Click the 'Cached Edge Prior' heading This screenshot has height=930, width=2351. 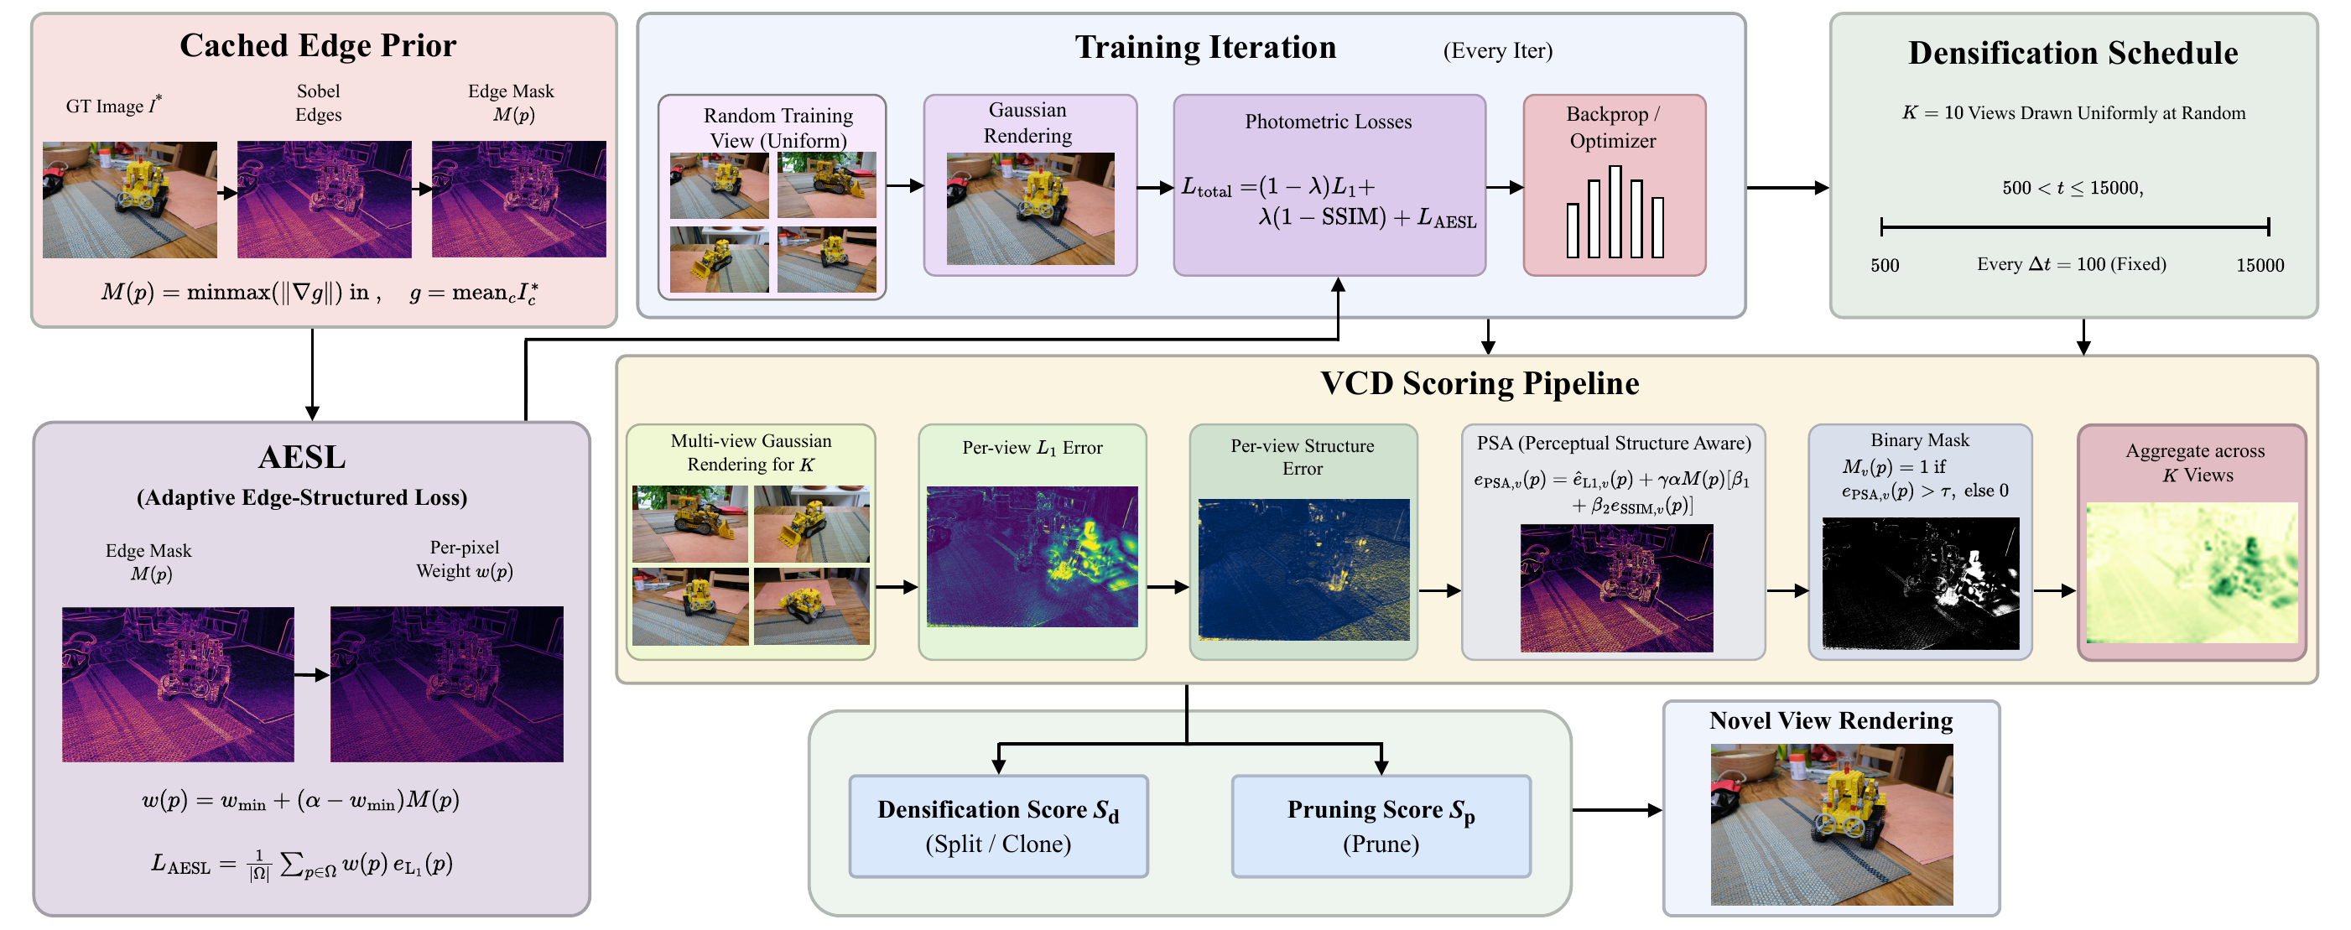pyautogui.click(x=318, y=45)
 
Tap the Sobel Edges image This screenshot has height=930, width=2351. pyautogui.click(x=324, y=199)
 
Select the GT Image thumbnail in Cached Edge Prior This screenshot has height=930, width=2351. pyautogui.click(x=130, y=199)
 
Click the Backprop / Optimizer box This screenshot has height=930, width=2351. pyautogui.click(x=1614, y=184)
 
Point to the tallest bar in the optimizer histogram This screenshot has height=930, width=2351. pyautogui.click(x=1615, y=210)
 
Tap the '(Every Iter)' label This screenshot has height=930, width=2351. pyautogui.click(x=1498, y=50)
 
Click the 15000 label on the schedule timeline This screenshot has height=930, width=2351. pyautogui.click(x=2260, y=266)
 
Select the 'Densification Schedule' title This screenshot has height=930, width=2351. pyautogui.click(x=2073, y=53)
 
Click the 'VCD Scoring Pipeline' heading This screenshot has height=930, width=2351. pyautogui.click(x=1480, y=383)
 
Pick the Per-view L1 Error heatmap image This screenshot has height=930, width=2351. pyautogui.click(x=1032, y=557)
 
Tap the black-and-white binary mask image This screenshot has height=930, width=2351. pyautogui.click(x=1920, y=583)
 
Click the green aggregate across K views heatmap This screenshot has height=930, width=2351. pyautogui.click(x=2192, y=572)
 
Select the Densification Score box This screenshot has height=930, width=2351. pyautogui.click(x=998, y=826)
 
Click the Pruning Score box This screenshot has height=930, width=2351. pyautogui.click(x=1381, y=826)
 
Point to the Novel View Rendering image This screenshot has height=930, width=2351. pyautogui.click(x=1832, y=824)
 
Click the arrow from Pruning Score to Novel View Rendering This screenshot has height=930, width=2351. pyautogui.click(x=1616, y=809)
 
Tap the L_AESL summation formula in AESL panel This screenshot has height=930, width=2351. pyautogui.click(x=302, y=865)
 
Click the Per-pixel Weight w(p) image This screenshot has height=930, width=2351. pyautogui.click(x=446, y=683)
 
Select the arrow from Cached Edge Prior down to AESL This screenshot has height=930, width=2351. pyautogui.click(x=312, y=374)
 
